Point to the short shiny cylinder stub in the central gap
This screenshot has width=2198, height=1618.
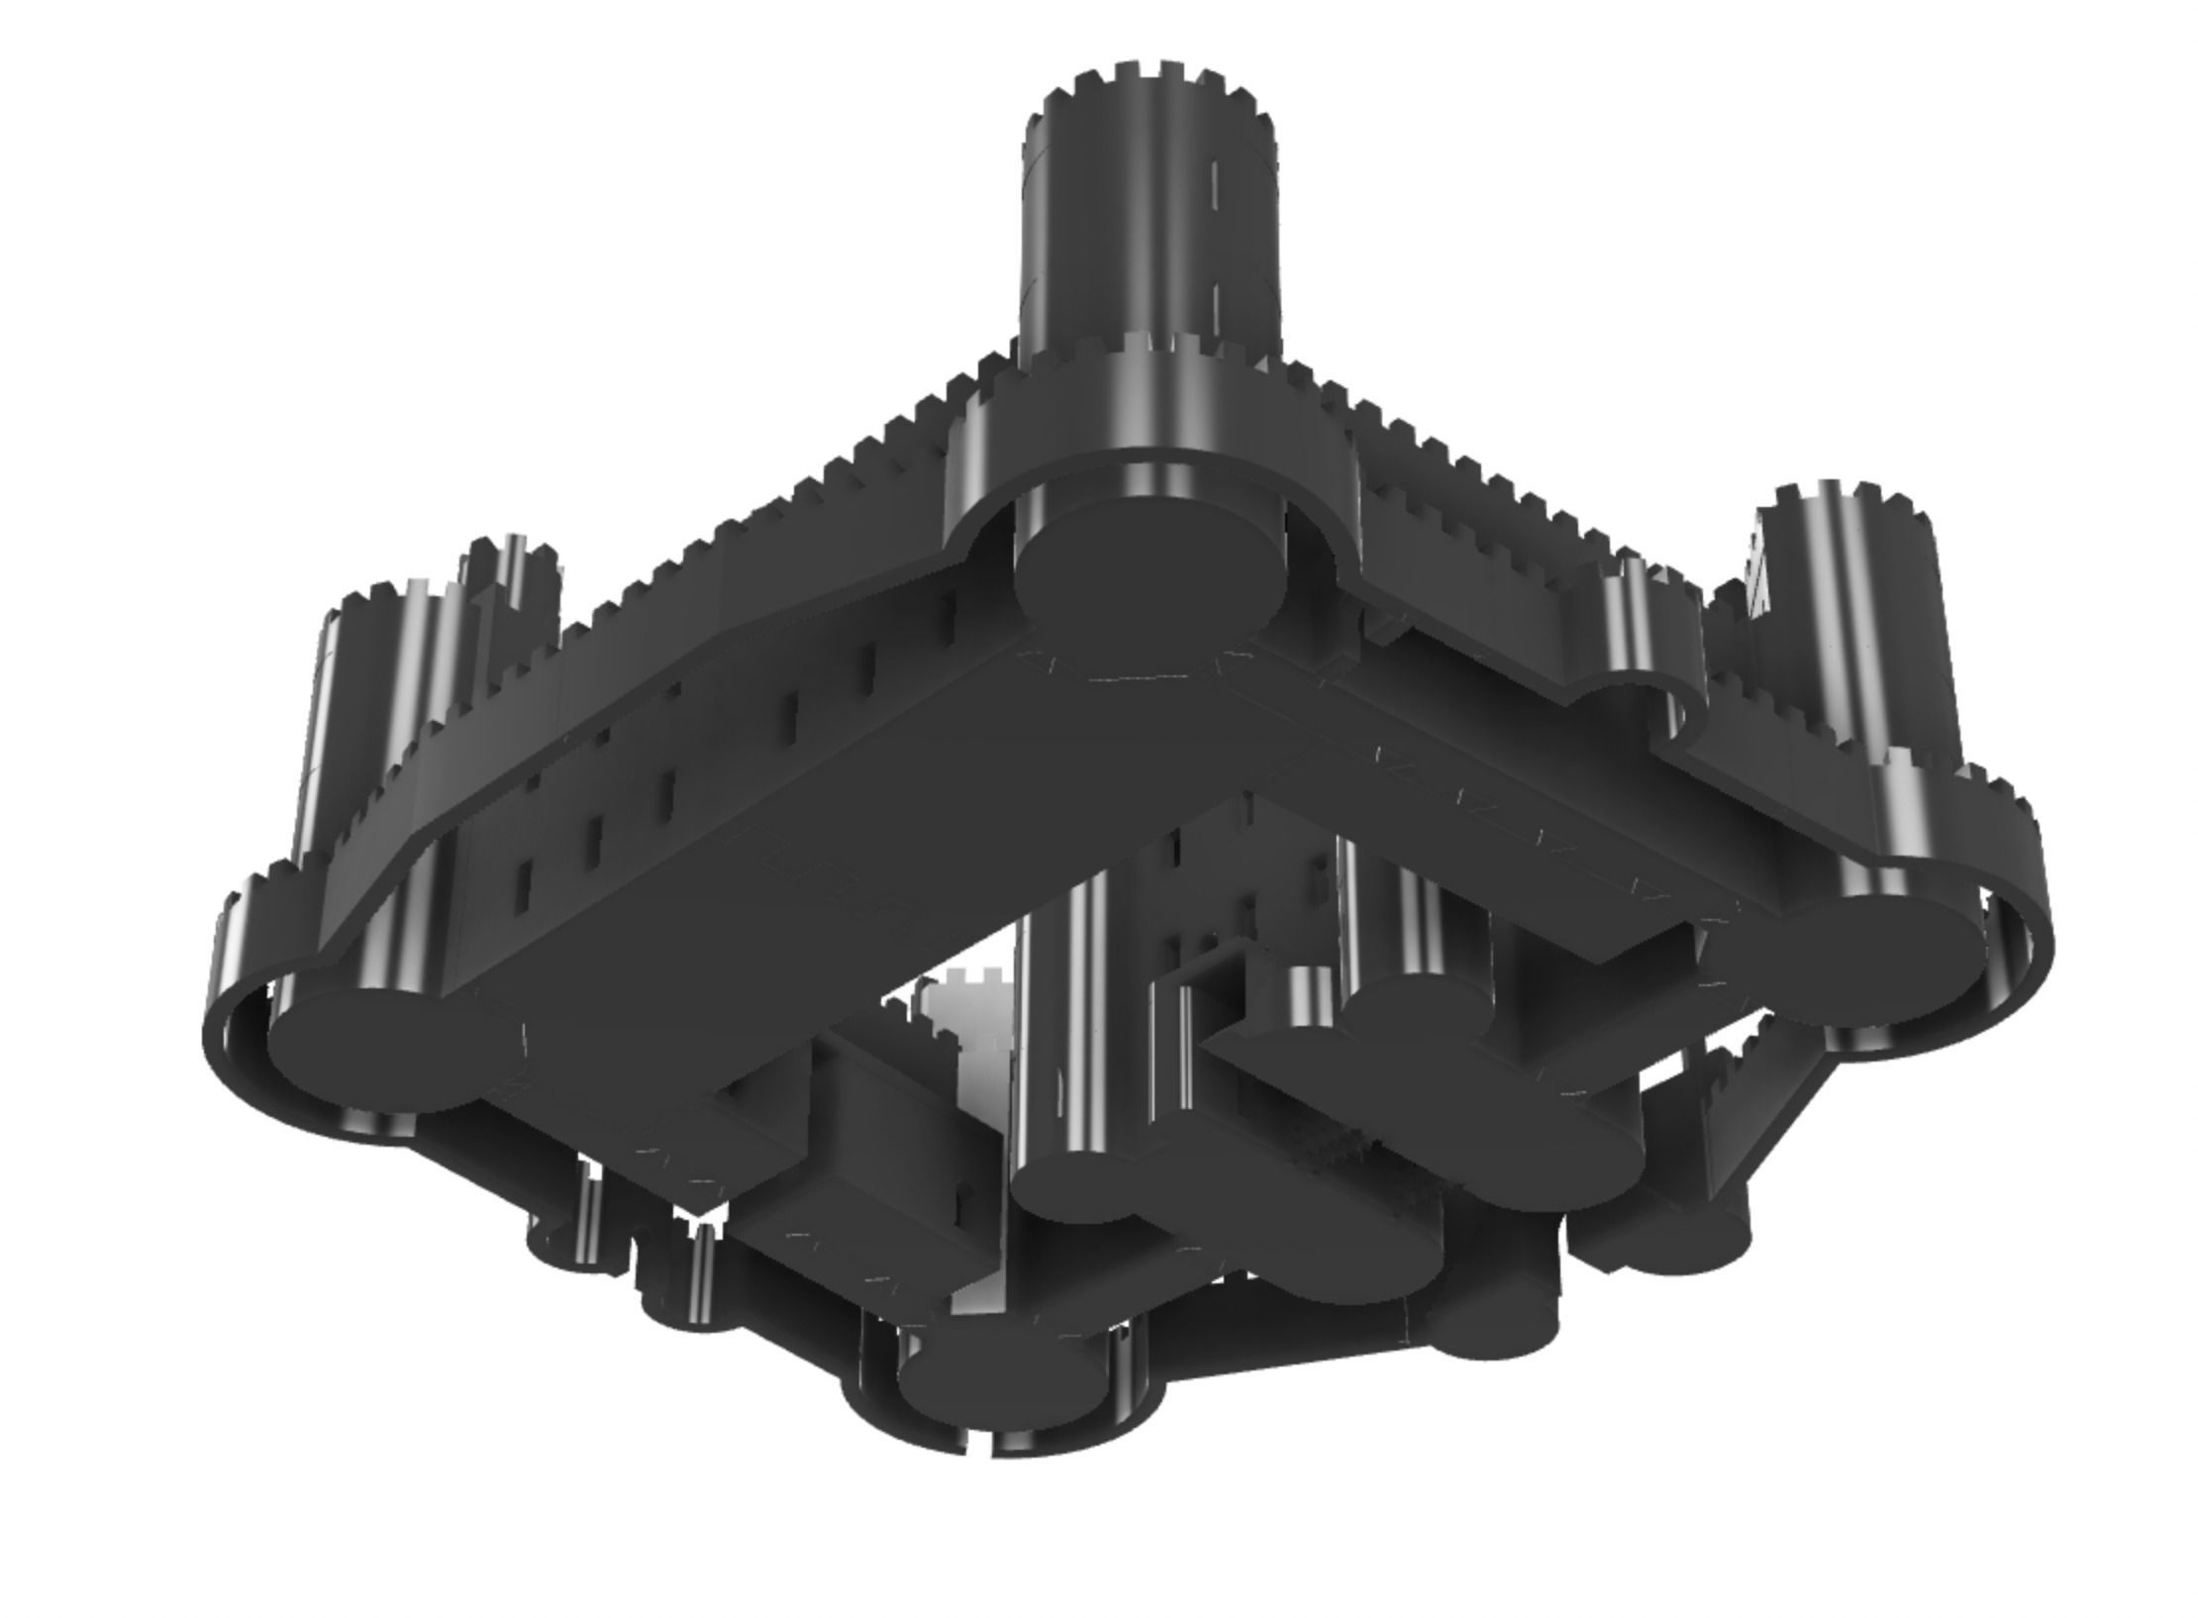coord(1312,1000)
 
